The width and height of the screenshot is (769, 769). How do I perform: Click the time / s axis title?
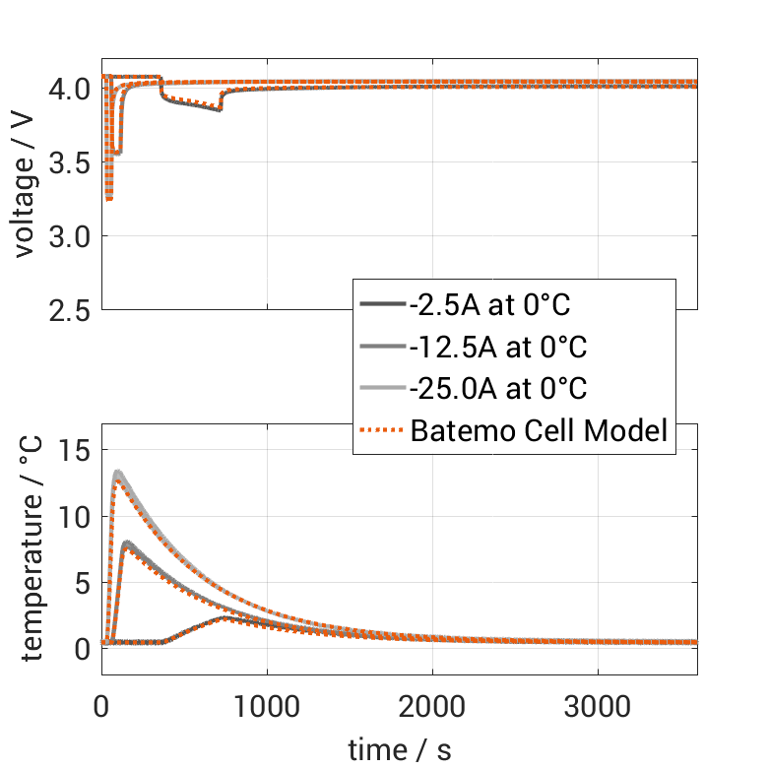point(400,750)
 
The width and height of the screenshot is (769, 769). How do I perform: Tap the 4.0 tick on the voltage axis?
point(70,89)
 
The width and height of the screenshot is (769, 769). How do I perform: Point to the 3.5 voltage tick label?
point(70,162)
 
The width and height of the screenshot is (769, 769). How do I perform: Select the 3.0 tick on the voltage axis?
point(70,236)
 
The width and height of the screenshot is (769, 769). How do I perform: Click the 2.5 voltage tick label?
point(70,310)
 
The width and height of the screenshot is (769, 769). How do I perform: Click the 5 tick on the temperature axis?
point(83,582)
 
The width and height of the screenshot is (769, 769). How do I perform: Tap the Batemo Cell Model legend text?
point(540,430)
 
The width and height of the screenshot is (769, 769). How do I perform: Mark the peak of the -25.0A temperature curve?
point(118,474)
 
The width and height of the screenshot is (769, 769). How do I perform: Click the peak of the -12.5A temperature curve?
point(129,543)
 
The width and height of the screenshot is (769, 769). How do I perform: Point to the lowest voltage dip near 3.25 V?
point(108,199)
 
